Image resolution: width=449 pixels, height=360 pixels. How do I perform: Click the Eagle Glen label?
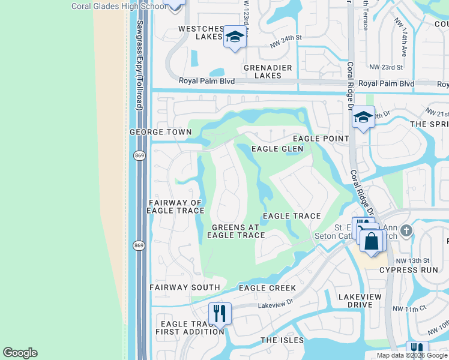(277, 149)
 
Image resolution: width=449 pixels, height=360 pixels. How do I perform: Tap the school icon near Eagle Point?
(363, 118)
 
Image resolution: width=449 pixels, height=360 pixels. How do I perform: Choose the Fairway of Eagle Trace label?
(175, 207)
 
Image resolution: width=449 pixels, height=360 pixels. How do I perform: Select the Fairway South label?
(184, 287)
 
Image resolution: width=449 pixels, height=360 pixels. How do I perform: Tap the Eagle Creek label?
(267, 288)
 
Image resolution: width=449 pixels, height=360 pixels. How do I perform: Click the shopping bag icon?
(372, 242)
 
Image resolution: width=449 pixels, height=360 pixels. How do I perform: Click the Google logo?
(20, 353)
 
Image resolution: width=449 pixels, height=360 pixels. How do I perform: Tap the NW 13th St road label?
(412, 260)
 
